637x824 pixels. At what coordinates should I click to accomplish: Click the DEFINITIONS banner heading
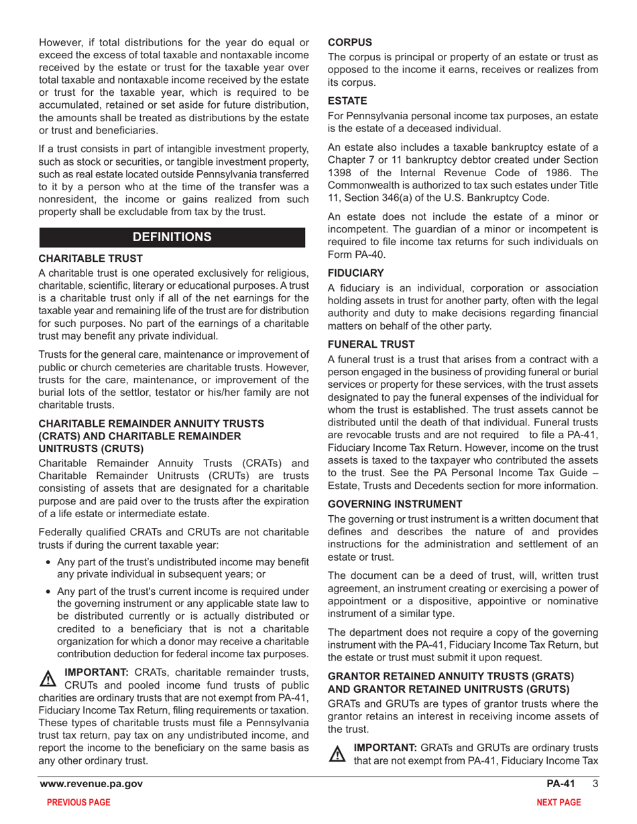point(173,237)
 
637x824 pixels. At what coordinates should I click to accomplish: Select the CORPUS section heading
point(349,42)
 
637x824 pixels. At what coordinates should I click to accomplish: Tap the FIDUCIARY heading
point(355,273)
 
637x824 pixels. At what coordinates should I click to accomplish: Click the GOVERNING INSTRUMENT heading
point(395,503)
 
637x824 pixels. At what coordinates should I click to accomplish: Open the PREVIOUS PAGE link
point(75,803)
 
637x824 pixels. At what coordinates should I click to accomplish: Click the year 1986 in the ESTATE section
point(557,173)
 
